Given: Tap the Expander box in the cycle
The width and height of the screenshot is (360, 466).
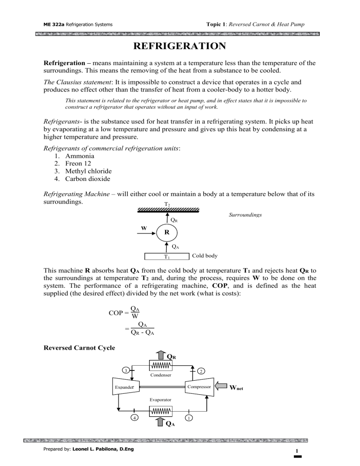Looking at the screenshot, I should pyautogui.click(x=123, y=387).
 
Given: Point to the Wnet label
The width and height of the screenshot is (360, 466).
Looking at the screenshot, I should pyautogui.click(x=237, y=388).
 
